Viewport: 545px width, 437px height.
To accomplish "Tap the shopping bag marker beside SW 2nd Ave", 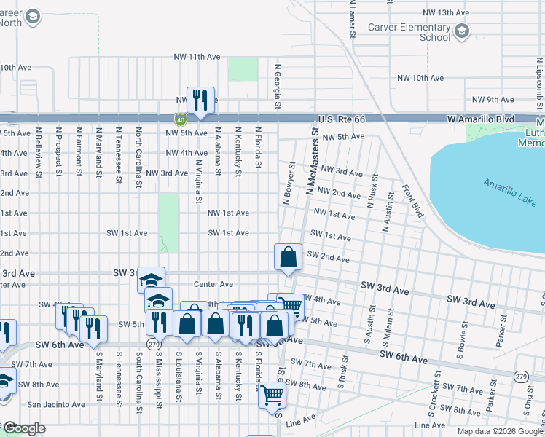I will [x=289, y=257].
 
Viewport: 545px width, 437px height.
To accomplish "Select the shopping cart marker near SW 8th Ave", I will [x=272, y=395].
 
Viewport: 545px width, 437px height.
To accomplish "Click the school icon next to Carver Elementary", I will [x=462, y=31].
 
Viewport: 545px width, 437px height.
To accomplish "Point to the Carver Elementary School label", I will [x=419, y=32].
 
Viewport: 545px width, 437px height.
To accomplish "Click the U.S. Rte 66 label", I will [x=342, y=119].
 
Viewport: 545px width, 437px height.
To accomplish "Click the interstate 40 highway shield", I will [x=179, y=119].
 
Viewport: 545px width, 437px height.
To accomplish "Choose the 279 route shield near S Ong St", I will [x=520, y=376].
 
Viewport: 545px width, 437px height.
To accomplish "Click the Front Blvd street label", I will [x=413, y=201].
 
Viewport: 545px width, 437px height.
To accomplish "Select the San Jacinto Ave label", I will [x=53, y=404].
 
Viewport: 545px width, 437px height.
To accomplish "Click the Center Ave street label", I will [x=213, y=284].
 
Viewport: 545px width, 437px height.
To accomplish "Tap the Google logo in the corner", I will [x=24, y=428].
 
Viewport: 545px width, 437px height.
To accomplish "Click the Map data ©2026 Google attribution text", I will [x=500, y=431].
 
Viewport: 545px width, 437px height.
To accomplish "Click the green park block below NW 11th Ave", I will [x=243, y=69].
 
